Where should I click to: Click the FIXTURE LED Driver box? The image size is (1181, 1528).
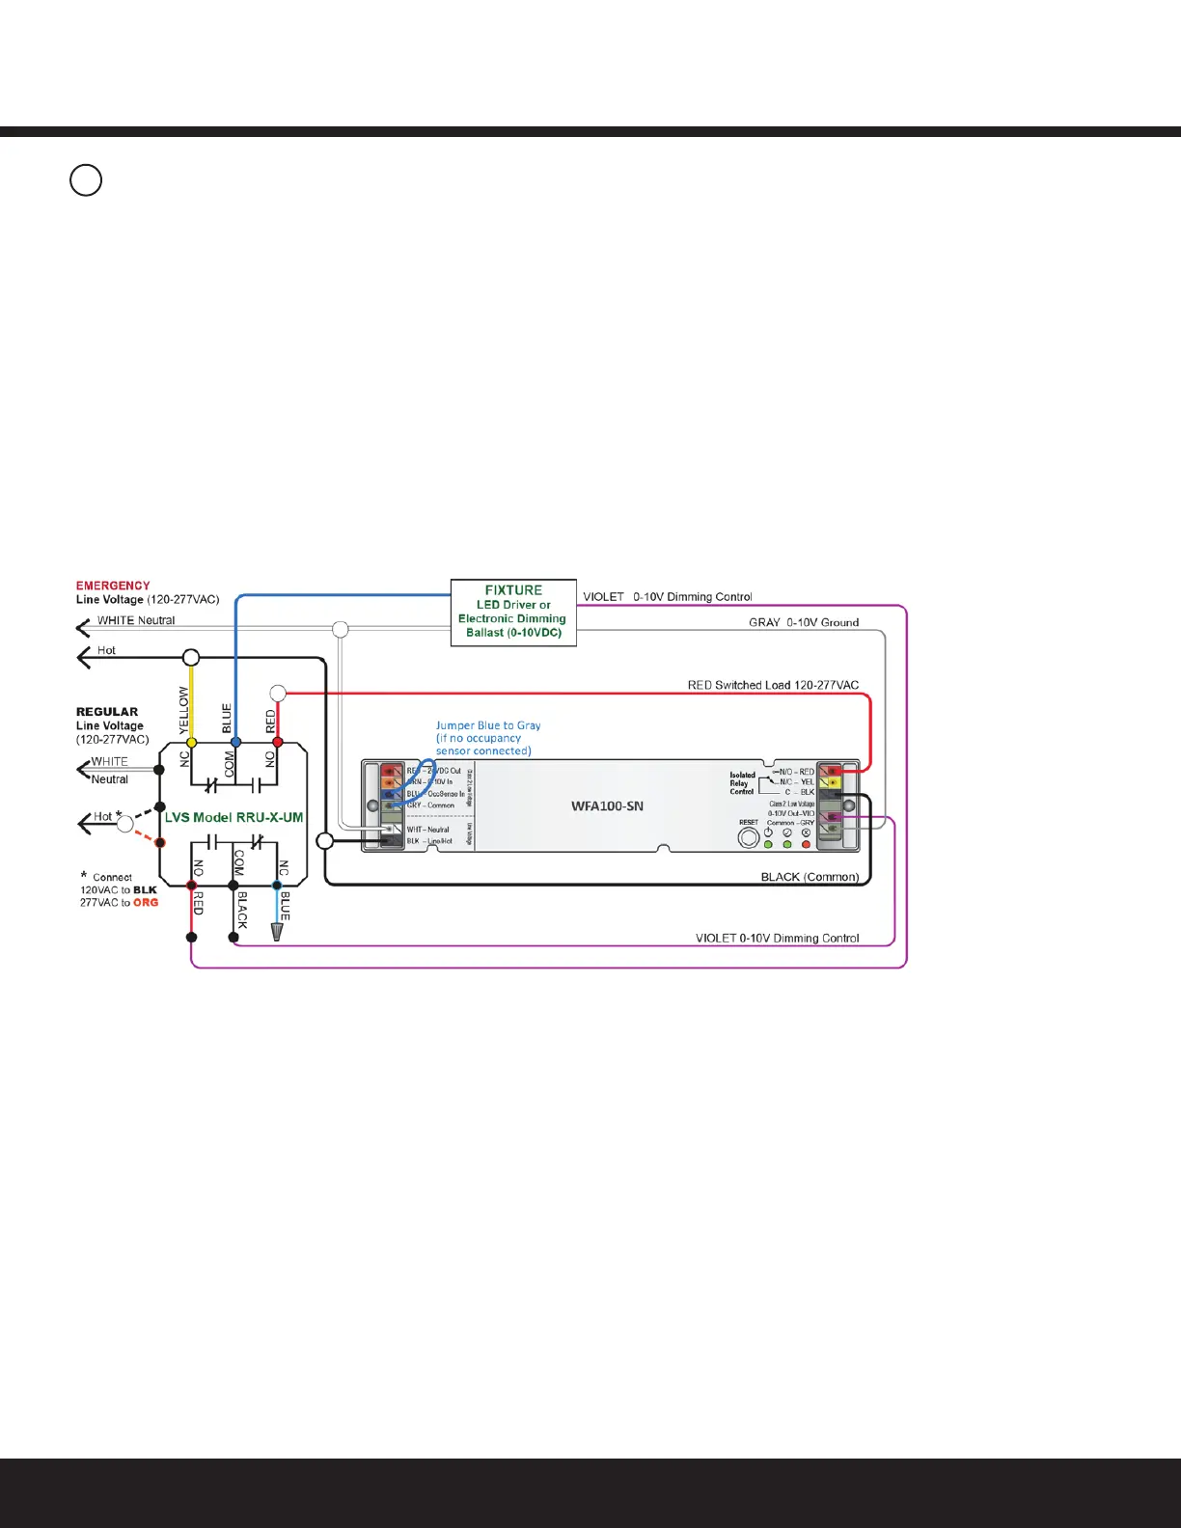(513, 612)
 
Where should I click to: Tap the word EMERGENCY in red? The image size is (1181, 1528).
(113, 586)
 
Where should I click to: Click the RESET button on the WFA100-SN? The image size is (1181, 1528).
(748, 838)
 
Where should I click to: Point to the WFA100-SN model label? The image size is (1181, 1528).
(607, 805)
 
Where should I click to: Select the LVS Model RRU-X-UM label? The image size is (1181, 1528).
(233, 817)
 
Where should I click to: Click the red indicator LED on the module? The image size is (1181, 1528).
(806, 845)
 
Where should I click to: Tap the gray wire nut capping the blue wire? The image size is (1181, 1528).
(278, 932)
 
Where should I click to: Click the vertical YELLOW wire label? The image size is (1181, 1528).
(184, 710)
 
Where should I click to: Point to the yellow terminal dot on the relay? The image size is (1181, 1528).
(191, 742)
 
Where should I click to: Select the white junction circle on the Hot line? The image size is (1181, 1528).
(191, 658)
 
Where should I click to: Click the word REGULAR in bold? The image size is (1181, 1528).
(107, 712)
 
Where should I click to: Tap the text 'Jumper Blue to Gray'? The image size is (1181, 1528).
(488, 725)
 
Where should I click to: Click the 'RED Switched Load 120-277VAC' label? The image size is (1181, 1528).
(773, 685)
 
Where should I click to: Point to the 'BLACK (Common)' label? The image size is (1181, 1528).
(810, 877)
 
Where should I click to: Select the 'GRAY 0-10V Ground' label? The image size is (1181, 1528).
(804, 622)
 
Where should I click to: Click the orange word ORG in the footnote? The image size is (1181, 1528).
(146, 903)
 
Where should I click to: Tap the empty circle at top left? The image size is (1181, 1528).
(86, 180)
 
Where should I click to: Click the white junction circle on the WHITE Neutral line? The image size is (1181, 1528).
(341, 630)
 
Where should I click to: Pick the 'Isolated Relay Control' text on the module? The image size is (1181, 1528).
(742, 783)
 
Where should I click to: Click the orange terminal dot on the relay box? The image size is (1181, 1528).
(160, 842)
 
